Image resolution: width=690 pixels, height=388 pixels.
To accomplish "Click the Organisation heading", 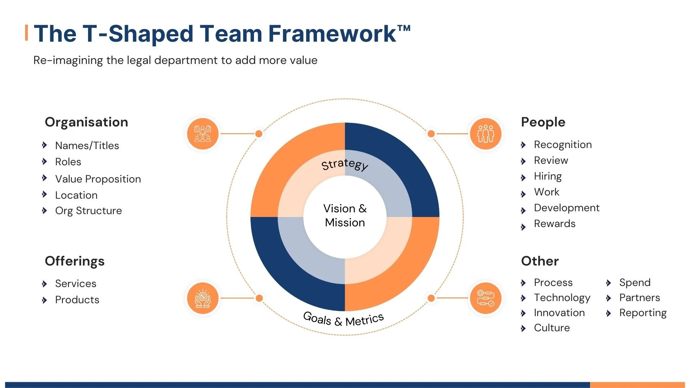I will coord(86,122).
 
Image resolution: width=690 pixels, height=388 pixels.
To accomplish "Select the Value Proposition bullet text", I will coord(98,179).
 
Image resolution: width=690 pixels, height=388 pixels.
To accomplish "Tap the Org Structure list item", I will coord(88,211).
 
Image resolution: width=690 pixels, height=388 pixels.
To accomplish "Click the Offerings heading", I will coord(75,261).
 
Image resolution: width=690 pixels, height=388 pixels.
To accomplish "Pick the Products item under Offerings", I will coord(77,300).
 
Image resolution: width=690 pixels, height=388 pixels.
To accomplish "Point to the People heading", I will coord(543,122).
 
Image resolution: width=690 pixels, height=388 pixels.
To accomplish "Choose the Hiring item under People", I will coord(548,176).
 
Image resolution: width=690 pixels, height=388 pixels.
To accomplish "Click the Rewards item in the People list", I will coord(555,223).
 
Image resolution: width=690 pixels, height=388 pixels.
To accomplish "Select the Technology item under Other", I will coord(562,297).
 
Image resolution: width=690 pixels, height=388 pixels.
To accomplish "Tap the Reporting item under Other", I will coord(643,313).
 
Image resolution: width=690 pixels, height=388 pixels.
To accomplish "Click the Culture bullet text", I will coord(552,328).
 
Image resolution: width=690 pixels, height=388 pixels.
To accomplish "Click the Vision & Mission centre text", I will coord(345,216).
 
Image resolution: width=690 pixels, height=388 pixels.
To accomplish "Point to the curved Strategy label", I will coord(345,164).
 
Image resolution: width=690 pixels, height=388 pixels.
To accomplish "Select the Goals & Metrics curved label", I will coord(344,319).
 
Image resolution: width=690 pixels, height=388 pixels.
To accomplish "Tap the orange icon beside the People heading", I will coord(486,134).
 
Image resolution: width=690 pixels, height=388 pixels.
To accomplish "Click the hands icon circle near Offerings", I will coord(203,298).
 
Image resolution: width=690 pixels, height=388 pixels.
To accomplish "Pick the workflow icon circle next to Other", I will coord(486,298).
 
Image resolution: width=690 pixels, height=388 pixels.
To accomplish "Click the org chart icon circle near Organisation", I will coord(203,134).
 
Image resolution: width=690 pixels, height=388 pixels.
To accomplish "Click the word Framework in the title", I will coord(332,34).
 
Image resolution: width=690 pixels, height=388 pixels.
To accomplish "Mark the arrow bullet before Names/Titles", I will coord(45,145).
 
